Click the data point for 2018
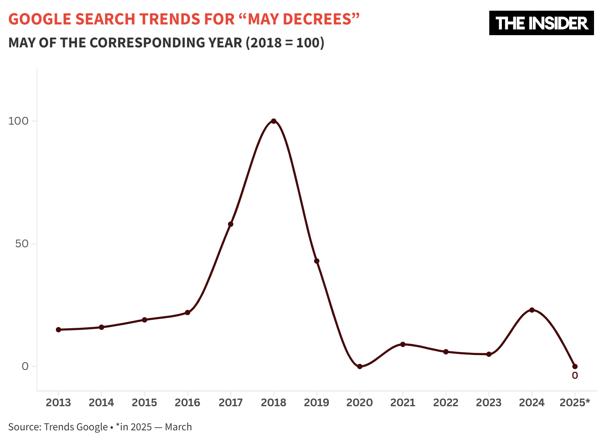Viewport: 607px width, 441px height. pyautogui.click(x=274, y=121)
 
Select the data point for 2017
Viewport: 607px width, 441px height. pyautogui.click(x=230, y=224)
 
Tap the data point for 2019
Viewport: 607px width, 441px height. pyautogui.click(x=316, y=261)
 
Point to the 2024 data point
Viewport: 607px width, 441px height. pyautogui.click(x=532, y=310)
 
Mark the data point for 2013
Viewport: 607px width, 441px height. pyautogui.click(x=58, y=329)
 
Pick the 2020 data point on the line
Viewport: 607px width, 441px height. pyautogui.click(x=360, y=366)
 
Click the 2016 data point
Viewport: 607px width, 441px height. pyautogui.click(x=188, y=313)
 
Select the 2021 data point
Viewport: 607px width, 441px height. pyautogui.click(x=403, y=344)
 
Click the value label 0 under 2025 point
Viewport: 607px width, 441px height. pyautogui.click(x=575, y=376)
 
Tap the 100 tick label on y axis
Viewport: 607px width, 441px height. pyautogui.click(x=18, y=121)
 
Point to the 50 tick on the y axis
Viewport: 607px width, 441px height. pyautogui.click(x=22, y=244)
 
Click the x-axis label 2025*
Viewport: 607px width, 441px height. pyautogui.click(x=575, y=402)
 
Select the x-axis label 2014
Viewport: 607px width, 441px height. pyautogui.click(x=101, y=402)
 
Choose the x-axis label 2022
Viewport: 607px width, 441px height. pyautogui.click(x=446, y=402)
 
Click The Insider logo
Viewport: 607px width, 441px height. pyautogui.click(x=541, y=23)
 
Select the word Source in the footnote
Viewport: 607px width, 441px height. pyautogui.click(x=24, y=427)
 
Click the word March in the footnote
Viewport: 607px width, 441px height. pyautogui.click(x=179, y=427)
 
